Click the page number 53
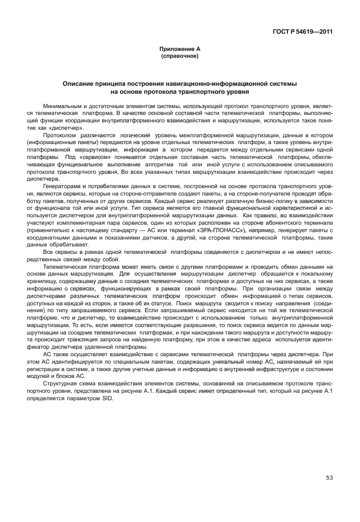pyautogui.click(x=329, y=478)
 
